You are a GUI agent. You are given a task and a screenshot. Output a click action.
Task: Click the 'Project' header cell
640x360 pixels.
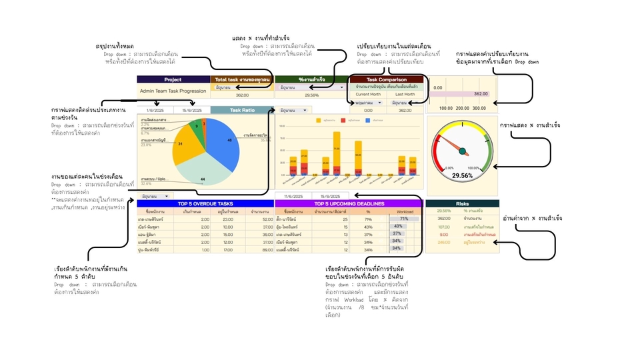click(x=173, y=79)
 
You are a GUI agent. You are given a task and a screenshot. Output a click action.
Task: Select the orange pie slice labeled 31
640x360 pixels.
click(x=181, y=144)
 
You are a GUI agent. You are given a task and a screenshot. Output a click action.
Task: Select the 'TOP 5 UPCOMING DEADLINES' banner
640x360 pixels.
click(x=349, y=203)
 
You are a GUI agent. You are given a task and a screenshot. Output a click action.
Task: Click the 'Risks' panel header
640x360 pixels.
click(x=462, y=203)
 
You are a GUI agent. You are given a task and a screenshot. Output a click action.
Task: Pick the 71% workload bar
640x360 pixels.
click(x=403, y=218)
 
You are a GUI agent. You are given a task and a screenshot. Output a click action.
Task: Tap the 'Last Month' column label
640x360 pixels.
click(x=405, y=94)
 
